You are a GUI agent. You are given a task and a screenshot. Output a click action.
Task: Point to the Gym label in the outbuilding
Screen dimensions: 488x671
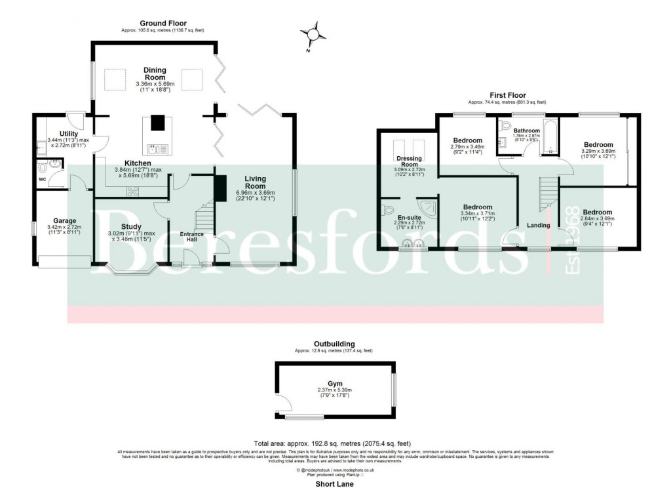(x=335, y=384)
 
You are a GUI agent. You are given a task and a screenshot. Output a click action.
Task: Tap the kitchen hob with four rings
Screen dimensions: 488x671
(x=132, y=192)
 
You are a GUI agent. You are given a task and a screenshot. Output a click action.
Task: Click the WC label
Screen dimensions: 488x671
(x=43, y=178)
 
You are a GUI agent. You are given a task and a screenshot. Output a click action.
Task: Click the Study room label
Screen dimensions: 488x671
(x=131, y=226)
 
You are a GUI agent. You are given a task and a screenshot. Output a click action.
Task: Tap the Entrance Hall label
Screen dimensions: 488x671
(x=193, y=237)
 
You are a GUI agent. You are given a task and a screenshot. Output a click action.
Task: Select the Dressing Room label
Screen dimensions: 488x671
(x=409, y=162)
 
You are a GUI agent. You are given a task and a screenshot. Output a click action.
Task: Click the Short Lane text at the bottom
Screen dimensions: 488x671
(x=335, y=484)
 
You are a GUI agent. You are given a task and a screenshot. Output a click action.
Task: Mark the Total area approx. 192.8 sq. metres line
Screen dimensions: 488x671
(x=335, y=443)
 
